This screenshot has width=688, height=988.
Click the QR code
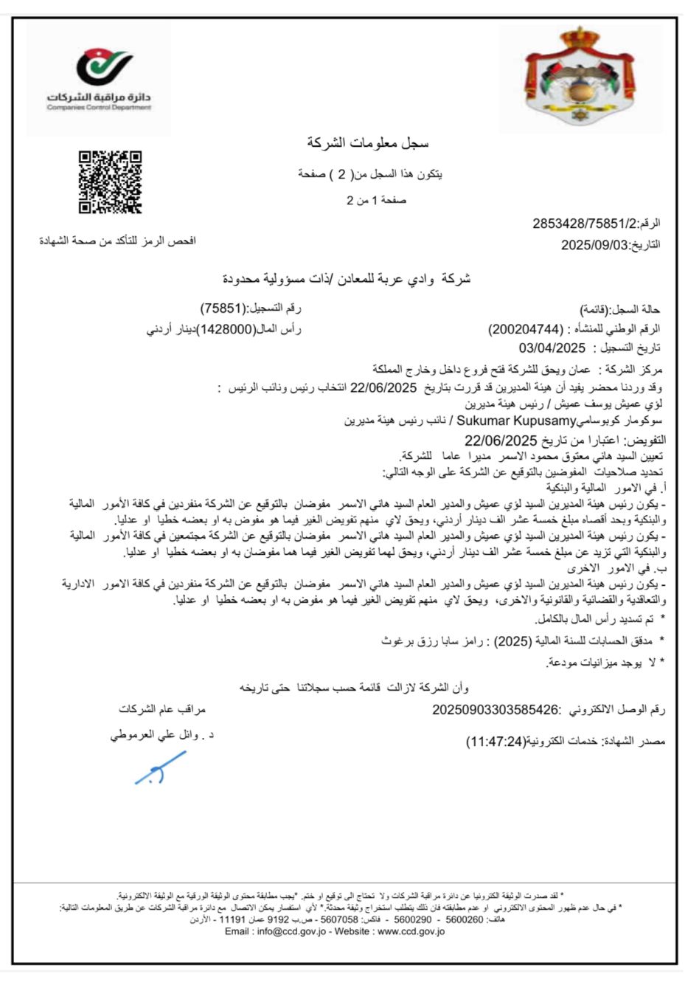point(110,182)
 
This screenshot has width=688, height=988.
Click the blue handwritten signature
point(159,768)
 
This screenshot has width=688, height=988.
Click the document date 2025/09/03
point(593,245)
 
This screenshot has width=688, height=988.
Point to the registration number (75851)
point(223,308)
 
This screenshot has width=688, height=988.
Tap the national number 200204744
point(525,329)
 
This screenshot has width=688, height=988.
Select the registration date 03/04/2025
point(552,348)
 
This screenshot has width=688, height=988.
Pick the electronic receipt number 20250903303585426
point(496,710)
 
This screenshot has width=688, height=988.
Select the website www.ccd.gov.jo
point(411,931)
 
